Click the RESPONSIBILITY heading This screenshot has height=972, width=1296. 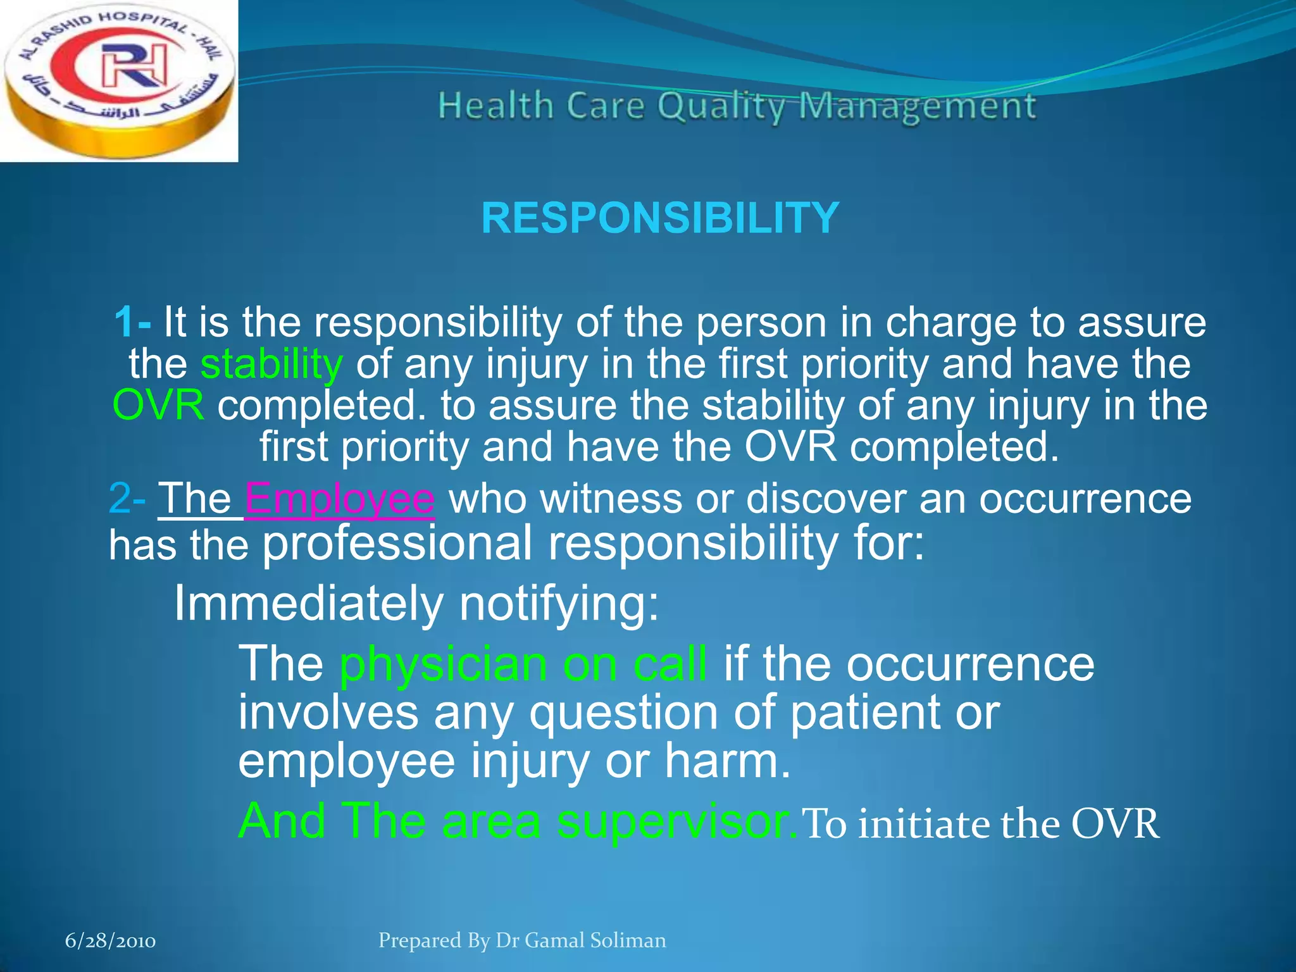point(660,218)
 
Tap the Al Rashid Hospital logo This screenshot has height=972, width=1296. point(118,80)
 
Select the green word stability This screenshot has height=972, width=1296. point(271,364)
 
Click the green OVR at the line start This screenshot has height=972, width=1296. point(158,406)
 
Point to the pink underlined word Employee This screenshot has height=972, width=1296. point(339,499)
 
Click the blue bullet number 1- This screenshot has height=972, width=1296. point(133,322)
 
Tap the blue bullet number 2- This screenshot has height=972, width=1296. point(127,499)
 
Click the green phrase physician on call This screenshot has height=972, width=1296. point(523,664)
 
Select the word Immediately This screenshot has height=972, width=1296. point(308,603)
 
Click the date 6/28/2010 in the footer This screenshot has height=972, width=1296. point(111,941)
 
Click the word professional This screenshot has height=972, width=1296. point(397,544)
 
